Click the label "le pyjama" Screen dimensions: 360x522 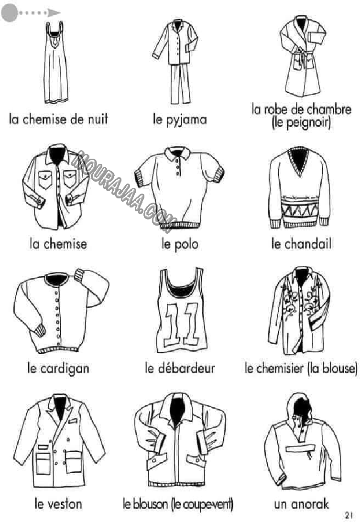click(x=180, y=120)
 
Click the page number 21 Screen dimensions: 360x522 click(x=349, y=515)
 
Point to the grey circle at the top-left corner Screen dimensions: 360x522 click(x=10, y=13)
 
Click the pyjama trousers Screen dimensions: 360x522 click(x=180, y=84)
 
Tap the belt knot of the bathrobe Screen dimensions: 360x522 click(x=301, y=53)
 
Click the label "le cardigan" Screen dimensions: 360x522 click(x=58, y=369)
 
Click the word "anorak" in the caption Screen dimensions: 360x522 click(x=310, y=504)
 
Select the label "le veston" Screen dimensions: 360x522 click(x=58, y=504)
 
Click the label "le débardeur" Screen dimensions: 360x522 click(x=180, y=368)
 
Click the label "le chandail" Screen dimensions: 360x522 click(x=301, y=244)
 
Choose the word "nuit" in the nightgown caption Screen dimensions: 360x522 click(x=98, y=119)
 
